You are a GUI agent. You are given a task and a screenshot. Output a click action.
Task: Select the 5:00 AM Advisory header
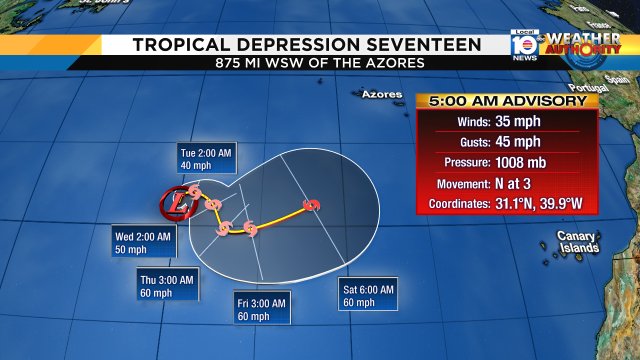point(507,101)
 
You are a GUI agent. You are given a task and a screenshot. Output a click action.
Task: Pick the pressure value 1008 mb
point(541,162)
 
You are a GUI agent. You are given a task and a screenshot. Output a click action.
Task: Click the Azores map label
point(381,95)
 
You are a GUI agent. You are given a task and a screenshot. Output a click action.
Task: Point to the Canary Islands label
point(577,242)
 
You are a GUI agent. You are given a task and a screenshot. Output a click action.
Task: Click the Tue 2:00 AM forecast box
point(206,159)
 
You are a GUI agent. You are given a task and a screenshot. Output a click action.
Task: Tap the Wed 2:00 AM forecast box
point(144,242)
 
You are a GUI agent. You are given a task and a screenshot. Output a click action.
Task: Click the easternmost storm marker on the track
point(312,206)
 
